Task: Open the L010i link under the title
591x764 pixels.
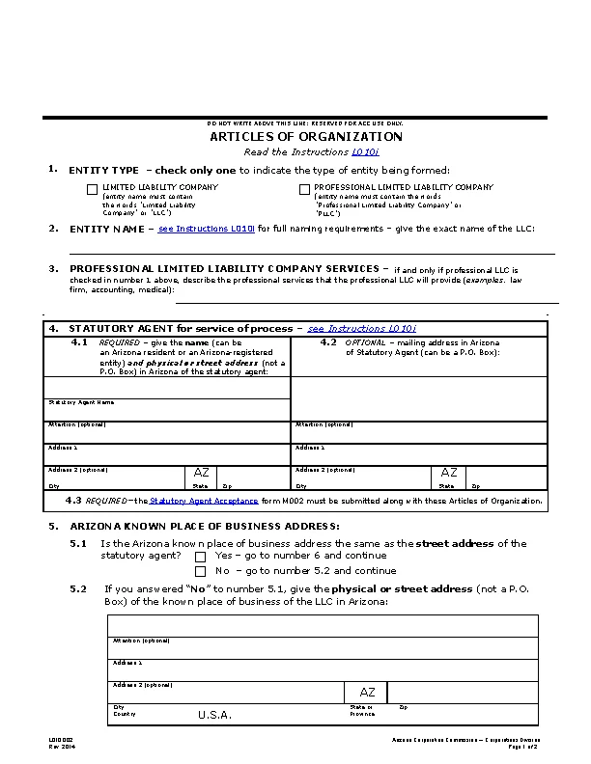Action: coord(365,151)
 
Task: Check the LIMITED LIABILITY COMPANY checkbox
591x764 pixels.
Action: coord(92,189)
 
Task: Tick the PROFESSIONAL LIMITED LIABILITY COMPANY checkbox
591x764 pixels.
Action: coord(304,189)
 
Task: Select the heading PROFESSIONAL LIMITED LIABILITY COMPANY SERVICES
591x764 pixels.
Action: coord(224,268)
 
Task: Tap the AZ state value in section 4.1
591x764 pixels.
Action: coord(201,473)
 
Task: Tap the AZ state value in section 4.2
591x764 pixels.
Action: coord(449,473)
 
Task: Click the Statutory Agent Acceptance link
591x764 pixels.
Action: coord(204,501)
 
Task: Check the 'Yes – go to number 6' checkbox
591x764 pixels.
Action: coord(201,557)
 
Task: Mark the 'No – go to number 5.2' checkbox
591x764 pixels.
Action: coord(201,571)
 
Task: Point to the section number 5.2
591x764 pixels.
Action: coord(78,588)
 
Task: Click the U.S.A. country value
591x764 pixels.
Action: coord(214,715)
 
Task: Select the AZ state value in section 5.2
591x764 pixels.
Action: coord(367,693)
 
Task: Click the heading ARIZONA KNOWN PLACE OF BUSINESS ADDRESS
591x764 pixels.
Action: coord(205,526)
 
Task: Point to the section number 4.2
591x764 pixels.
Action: coord(328,341)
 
